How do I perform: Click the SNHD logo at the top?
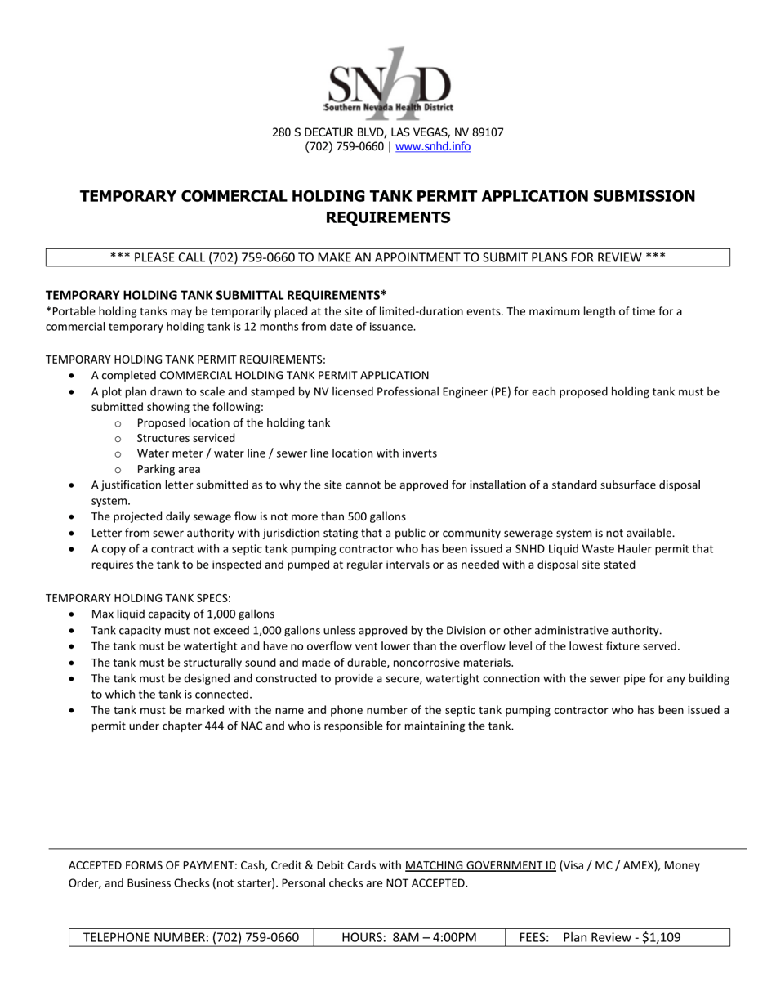click(x=389, y=83)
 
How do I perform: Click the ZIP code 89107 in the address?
click(x=487, y=132)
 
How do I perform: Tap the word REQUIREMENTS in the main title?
click(x=387, y=217)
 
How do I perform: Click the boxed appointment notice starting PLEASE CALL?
click(x=387, y=257)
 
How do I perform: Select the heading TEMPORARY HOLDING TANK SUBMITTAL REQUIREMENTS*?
click(x=216, y=295)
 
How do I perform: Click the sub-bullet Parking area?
click(x=168, y=469)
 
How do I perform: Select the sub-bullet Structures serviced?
click(x=185, y=438)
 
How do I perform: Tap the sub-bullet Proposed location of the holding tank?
click(x=233, y=422)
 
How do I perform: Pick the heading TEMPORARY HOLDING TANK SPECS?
click(x=138, y=598)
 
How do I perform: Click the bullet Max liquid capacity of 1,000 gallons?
click(x=183, y=614)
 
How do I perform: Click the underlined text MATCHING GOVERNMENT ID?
click(x=480, y=865)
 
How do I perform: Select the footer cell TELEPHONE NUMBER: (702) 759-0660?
click(x=191, y=937)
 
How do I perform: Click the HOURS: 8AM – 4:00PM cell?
click(x=408, y=937)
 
